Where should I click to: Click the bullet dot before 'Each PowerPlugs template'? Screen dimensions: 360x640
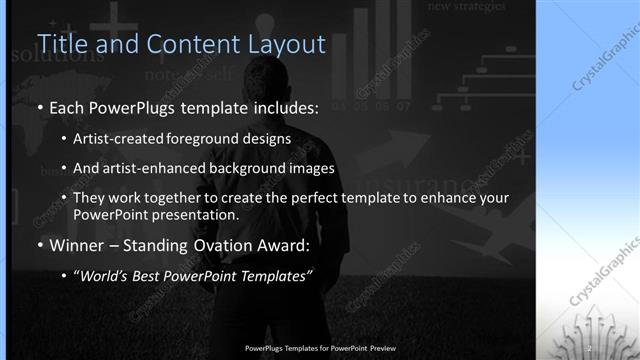(39, 107)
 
